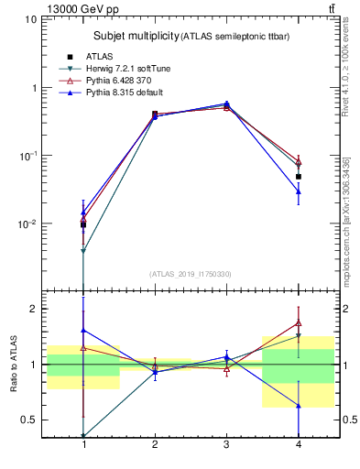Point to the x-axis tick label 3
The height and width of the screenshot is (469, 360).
point(225,444)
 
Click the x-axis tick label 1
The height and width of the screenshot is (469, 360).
point(84,444)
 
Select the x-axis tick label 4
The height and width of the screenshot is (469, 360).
point(297,444)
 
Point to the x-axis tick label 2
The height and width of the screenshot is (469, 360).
point(155,444)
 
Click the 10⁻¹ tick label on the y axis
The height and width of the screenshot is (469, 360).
point(27,156)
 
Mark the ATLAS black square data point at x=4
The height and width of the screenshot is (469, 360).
point(298,176)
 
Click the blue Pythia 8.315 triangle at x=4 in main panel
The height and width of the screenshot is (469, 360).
point(298,191)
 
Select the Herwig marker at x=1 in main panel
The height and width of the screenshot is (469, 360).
point(84,251)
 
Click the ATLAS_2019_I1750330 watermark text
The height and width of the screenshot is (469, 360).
point(191,274)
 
